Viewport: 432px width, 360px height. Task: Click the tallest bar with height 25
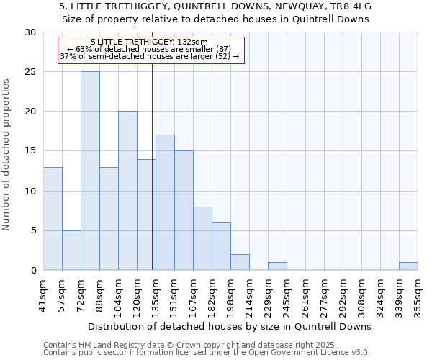[90, 171]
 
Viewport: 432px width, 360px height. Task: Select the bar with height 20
[127, 191]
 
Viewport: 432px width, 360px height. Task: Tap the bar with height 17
[165, 202]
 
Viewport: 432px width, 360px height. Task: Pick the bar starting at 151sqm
[184, 210]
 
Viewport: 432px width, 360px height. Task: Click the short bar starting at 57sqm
[71, 250]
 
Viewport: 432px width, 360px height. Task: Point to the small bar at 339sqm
[408, 266]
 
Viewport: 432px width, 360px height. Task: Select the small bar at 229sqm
[277, 266]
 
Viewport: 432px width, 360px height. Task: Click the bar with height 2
[240, 262]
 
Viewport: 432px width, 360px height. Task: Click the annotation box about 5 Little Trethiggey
[151, 49]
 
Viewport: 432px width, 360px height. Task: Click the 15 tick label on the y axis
[30, 151]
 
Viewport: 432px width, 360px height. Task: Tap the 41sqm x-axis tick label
[43, 295]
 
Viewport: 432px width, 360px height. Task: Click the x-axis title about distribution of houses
[230, 326]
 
